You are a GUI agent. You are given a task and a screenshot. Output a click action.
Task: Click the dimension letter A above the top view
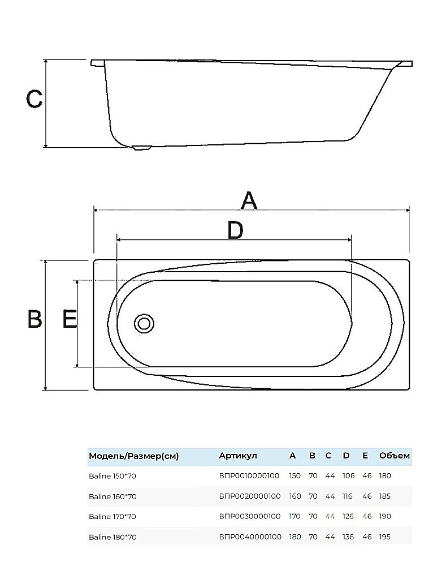point(249,201)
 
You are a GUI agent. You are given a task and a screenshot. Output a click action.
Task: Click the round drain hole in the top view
point(144,323)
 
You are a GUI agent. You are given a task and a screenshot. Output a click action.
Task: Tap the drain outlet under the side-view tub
point(142,148)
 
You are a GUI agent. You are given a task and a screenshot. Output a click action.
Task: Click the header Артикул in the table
point(238,456)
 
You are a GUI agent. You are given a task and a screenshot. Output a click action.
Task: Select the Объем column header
point(395,456)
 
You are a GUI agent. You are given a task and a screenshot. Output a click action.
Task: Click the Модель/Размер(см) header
point(134,456)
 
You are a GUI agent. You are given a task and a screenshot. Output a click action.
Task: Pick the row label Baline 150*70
point(112,476)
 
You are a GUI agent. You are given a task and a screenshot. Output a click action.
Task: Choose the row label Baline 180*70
point(112,537)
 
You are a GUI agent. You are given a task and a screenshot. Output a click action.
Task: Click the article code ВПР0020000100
point(249,496)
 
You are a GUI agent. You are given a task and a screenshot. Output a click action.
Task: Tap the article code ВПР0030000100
point(249,517)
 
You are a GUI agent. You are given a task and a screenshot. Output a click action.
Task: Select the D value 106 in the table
point(349,476)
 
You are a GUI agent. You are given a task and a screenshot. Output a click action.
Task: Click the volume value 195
point(385,537)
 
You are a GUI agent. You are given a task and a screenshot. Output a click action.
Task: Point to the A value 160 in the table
point(295,496)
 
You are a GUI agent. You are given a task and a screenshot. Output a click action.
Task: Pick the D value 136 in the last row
point(348,537)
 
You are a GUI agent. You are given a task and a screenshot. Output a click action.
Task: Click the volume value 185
point(385,496)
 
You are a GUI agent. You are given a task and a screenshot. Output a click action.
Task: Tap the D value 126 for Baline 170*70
point(348,517)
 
